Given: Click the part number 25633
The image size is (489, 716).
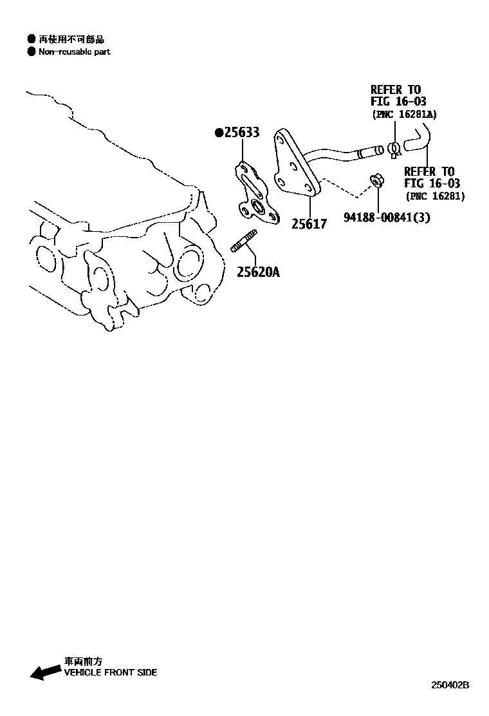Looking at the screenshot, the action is (x=241, y=133).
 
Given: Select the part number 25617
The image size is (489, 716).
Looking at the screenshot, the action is (x=309, y=224).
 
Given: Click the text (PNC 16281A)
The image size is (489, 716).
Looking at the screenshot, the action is (x=404, y=114).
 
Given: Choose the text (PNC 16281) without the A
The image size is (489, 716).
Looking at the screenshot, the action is (x=435, y=196).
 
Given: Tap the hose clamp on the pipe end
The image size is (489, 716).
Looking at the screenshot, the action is (x=394, y=150).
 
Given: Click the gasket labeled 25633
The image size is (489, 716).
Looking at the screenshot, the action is (x=254, y=193).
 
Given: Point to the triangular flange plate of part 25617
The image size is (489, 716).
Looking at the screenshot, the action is (x=295, y=167).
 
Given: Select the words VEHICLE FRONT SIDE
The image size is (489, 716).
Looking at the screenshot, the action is (x=110, y=672).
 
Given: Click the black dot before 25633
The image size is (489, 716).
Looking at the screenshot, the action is (x=219, y=133).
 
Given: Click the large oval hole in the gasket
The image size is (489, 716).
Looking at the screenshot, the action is (x=260, y=207).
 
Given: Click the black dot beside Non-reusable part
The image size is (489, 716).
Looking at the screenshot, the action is (x=31, y=52).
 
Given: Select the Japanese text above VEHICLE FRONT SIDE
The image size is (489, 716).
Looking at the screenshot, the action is (x=83, y=661).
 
